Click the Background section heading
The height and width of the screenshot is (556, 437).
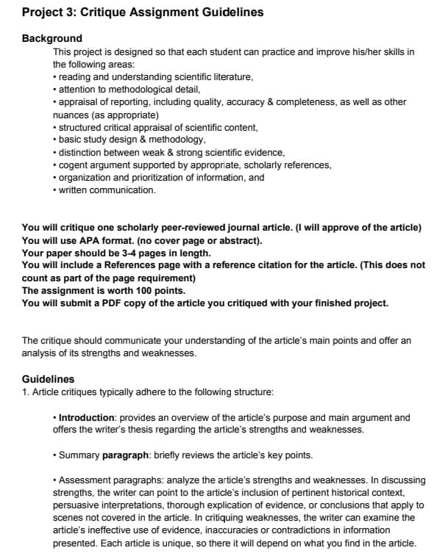point(52,38)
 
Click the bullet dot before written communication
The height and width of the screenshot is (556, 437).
point(55,190)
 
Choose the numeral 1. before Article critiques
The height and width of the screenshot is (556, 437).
point(26,391)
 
